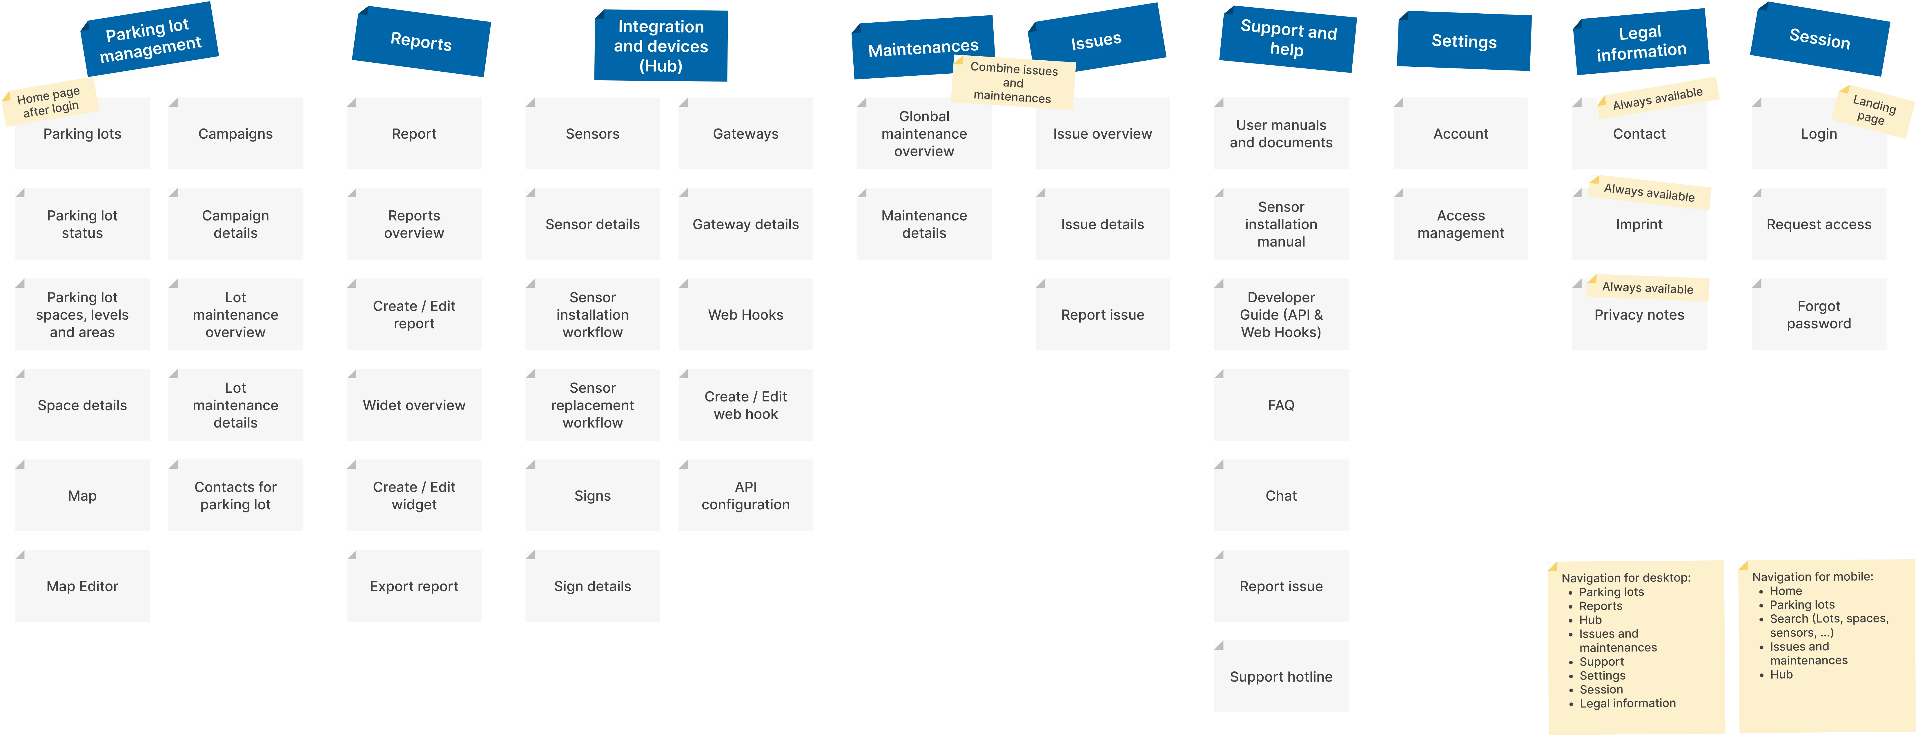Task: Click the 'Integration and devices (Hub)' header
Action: coord(661,46)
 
